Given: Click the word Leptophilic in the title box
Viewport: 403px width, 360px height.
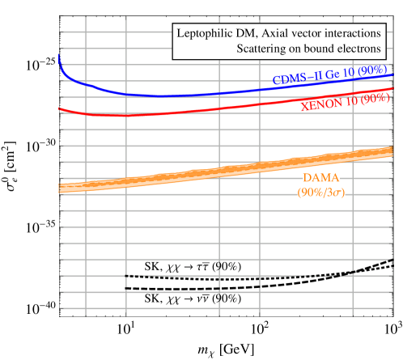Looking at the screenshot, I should point(206,35).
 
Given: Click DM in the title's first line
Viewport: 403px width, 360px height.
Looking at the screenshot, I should point(248,35).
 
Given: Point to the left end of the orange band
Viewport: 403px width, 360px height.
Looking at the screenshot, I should point(62,188).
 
